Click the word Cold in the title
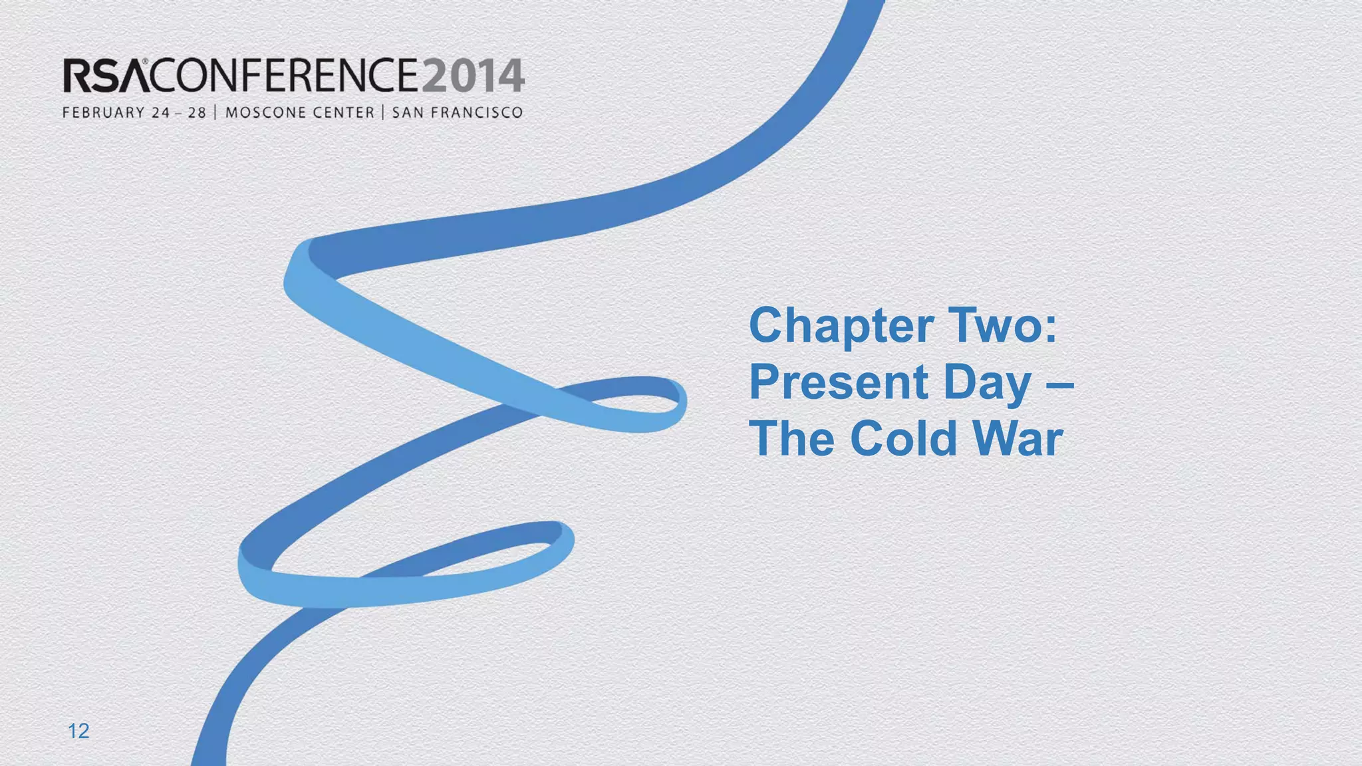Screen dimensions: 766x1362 904,439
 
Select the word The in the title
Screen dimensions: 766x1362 792,439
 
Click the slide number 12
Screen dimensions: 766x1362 78,731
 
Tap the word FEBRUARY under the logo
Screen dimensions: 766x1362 104,113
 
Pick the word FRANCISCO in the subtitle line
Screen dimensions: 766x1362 477,113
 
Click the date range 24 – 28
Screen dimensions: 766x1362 178,113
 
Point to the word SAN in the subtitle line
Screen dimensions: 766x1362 408,113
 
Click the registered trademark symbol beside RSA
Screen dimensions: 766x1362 145,62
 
